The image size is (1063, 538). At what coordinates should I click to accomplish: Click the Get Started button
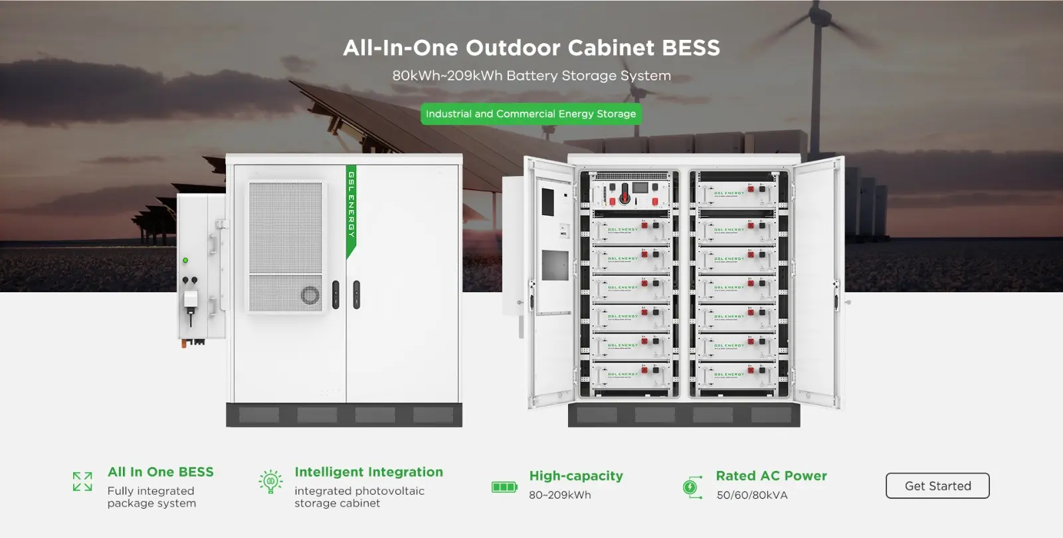click(937, 486)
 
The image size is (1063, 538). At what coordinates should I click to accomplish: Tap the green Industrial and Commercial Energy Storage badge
click(531, 114)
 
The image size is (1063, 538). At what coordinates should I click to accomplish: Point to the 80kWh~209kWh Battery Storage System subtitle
click(531, 76)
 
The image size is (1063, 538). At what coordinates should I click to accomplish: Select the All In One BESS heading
click(161, 472)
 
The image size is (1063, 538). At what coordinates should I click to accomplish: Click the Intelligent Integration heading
click(369, 472)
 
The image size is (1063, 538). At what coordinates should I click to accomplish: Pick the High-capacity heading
click(576, 476)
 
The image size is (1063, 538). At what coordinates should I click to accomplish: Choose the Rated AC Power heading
click(771, 476)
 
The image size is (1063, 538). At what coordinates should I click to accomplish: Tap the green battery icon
click(504, 487)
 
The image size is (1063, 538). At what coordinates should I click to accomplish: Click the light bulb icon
click(270, 482)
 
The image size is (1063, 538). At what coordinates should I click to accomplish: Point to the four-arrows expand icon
click(82, 482)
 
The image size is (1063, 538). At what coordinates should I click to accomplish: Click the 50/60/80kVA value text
click(752, 495)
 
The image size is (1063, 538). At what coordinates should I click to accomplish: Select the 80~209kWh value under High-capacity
click(560, 495)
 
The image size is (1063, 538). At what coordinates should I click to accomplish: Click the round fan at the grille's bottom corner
click(310, 295)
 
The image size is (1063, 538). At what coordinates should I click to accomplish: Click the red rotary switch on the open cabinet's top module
click(625, 197)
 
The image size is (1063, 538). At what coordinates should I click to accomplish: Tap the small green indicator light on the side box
click(185, 260)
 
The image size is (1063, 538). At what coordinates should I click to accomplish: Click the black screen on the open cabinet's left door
click(547, 202)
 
